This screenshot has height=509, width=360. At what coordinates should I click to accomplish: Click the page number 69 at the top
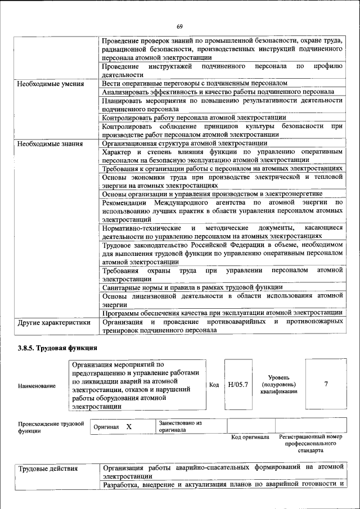pyautogui.click(x=180, y=26)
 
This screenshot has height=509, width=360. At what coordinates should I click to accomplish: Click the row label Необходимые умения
pyautogui.click(x=50, y=84)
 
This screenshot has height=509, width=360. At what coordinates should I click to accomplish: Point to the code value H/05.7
pyautogui.click(x=238, y=385)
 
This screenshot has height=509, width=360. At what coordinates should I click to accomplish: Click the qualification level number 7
pyautogui.click(x=326, y=384)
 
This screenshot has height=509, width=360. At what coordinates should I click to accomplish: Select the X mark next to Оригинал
pyautogui.click(x=129, y=427)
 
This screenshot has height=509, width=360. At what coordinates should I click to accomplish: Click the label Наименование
pyautogui.click(x=37, y=386)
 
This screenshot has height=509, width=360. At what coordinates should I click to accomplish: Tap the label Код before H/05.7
pyautogui.click(x=214, y=385)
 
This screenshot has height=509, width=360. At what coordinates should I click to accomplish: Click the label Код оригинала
pyautogui.click(x=250, y=437)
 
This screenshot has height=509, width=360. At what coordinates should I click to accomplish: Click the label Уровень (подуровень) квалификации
pyautogui.click(x=274, y=384)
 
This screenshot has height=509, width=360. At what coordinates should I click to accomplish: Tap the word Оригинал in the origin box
pyautogui.click(x=106, y=427)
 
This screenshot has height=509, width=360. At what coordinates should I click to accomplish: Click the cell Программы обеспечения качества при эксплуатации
pyautogui.click(x=222, y=313)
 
